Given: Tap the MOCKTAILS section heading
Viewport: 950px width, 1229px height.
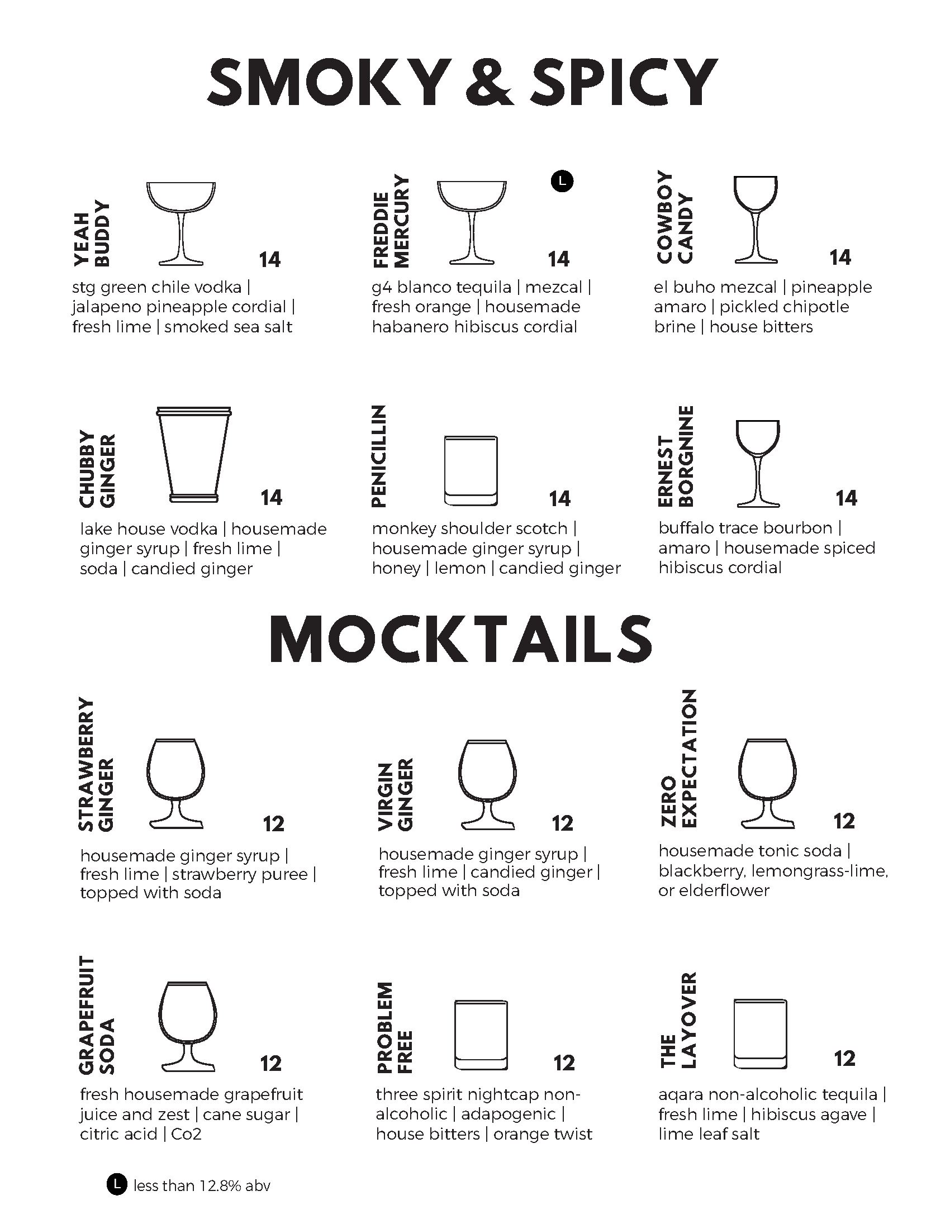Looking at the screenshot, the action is pyautogui.click(x=462, y=640).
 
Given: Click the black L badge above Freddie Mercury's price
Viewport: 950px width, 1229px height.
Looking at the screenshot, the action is pyautogui.click(x=562, y=181).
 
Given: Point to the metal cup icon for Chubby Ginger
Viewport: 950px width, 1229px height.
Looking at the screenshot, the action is pyautogui.click(x=193, y=454).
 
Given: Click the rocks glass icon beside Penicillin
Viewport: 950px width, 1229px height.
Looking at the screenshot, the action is pyautogui.click(x=471, y=471).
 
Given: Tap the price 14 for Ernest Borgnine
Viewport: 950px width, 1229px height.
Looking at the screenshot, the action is pyautogui.click(x=847, y=498).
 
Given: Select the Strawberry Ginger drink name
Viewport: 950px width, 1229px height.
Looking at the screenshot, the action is pyautogui.click(x=96, y=765).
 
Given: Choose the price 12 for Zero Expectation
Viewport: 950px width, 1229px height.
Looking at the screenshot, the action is pyautogui.click(x=844, y=821).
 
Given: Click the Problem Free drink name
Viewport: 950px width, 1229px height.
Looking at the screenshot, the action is pyautogui.click(x=395, y=1028).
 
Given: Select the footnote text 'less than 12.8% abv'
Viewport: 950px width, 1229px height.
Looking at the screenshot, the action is pyautogui.click(x=202, y=1185).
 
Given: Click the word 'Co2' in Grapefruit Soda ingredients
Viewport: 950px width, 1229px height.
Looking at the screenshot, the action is pyautogui.click(x=186, y=1133).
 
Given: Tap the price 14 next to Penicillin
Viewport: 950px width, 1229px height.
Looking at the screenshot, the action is pyautogui.click(x=559, y=498).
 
